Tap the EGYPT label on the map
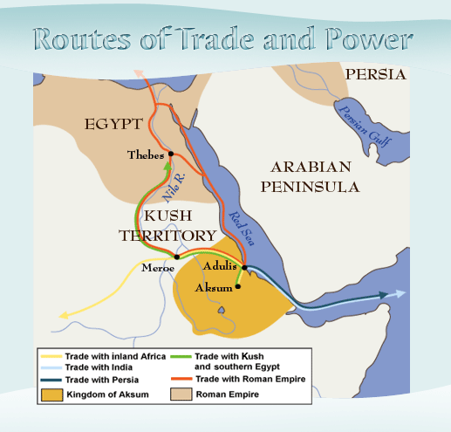(113, 125)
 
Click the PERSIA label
(375, 74)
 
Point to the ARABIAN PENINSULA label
(314, 176)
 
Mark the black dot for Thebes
(172, 154)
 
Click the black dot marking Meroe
(177, 257)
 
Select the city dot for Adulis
(245, 268)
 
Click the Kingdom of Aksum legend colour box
(51, 395)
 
